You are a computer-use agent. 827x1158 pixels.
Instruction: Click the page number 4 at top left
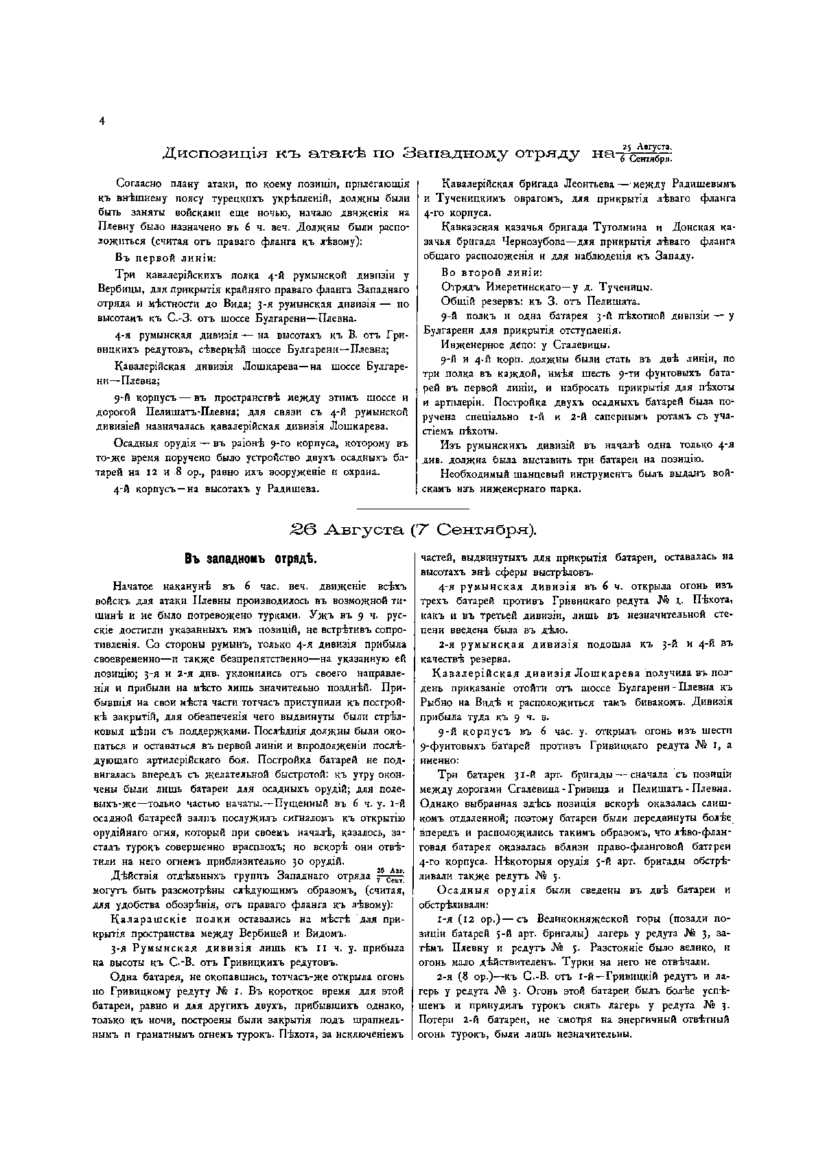pos(102,121)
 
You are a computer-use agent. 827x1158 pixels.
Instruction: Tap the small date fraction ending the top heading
pos(646,153)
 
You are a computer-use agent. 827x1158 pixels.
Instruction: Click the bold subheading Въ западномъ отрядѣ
pos(250,558)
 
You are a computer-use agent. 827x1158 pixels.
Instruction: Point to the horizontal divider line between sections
pos(413,509)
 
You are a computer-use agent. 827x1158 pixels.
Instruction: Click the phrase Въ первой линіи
pos(165,258)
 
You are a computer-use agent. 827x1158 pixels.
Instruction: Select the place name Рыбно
pos(436,702)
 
